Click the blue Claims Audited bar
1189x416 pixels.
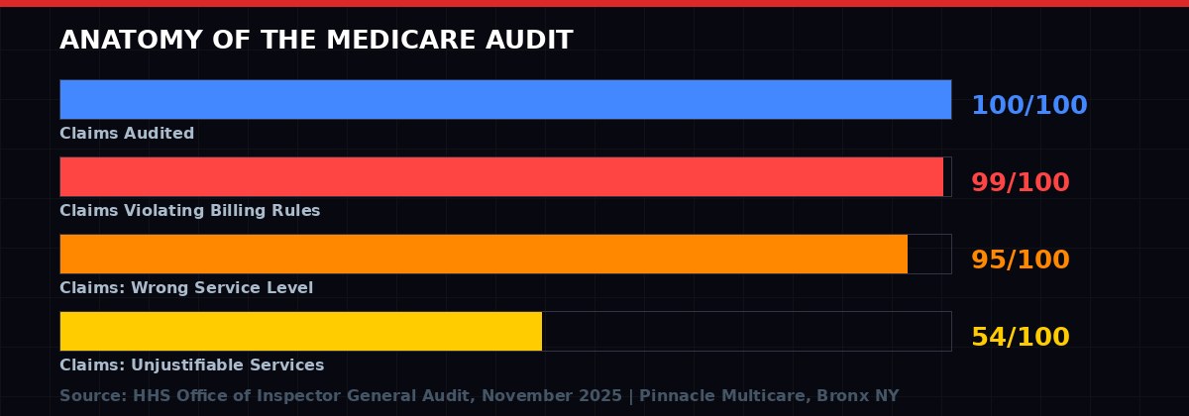pos(505,99)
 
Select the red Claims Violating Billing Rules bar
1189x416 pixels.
pos(501,176)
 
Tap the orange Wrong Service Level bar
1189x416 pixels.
pos(484,254)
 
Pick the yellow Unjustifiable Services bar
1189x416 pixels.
pos(300,331)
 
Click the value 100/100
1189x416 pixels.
pos(1028,106)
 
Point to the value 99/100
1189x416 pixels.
pos(1020,183)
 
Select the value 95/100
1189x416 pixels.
pos(1020,260)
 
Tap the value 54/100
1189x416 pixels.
pos(1020,338)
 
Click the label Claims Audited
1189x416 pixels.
pos(127,134)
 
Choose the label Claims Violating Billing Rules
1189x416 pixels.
pos(189,211)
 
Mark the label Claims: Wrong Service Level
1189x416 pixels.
pos(186,288)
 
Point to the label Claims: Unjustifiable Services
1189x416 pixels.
pos(191,365)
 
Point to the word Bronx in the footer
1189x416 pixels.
pos(845,396)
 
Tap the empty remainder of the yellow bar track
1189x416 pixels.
pos(746,331)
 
